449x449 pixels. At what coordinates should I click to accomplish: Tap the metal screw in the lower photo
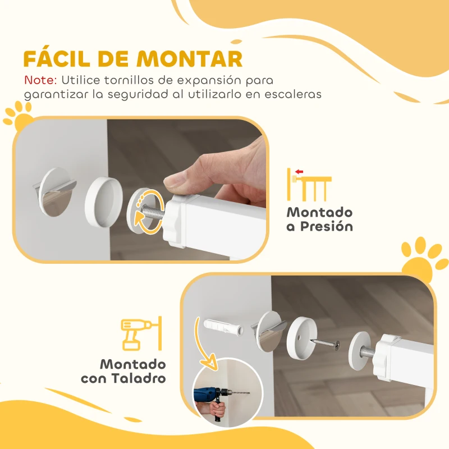(325, 342)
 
